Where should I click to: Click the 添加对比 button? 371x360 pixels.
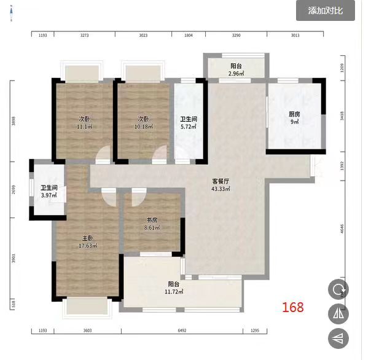point(330,10)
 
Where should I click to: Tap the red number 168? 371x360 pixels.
point(292,307)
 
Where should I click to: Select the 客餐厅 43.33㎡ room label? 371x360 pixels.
point(221,185)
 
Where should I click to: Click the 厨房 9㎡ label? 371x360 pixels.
point(294,117)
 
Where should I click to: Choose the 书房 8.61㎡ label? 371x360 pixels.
point(152,224)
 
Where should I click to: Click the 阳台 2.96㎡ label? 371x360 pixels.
point(236,70)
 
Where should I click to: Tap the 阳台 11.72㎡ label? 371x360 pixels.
point(174,288)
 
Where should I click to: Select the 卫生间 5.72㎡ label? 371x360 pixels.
point(188,123)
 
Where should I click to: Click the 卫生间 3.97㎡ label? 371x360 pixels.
point(49,192)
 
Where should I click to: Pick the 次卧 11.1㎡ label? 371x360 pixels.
point(84,123)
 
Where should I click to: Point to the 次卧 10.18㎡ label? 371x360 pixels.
point(144,123)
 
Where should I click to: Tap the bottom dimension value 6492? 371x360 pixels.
point(182,331)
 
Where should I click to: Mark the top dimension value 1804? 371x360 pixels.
point(189,36)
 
